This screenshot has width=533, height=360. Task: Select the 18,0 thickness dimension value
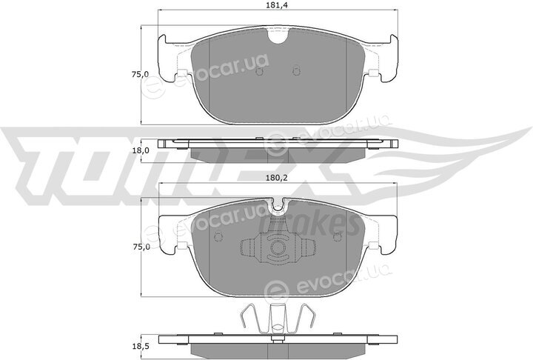point(141,150)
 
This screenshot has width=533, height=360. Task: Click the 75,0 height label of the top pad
point(141,75)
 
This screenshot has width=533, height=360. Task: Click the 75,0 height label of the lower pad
point(141,247)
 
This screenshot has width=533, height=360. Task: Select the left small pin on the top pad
point(259,70)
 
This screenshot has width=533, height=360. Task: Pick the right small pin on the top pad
point(296,70)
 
